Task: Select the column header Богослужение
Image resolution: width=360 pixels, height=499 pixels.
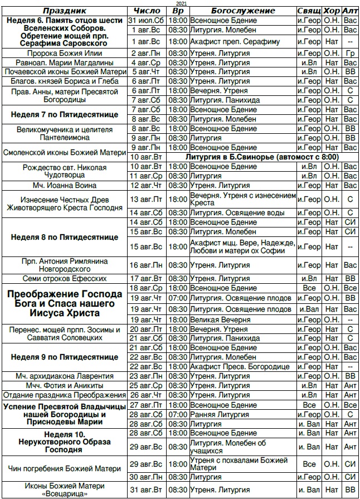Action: click(x=243, y=11)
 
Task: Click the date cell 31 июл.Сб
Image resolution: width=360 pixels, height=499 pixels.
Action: click(x=148, y=20)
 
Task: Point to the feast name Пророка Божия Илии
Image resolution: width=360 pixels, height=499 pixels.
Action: click(x=65, y=53)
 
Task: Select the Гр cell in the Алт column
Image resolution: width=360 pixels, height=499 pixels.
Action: click(x=350, y=53)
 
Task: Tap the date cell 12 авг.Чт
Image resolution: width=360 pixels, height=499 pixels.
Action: click(x=148, y=185)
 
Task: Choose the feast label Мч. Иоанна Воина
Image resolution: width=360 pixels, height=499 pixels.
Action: click(x=65, y=185)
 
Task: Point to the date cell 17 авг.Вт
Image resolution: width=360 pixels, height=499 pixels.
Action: click(x=148, y=278)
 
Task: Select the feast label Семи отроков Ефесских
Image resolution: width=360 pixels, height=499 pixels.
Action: click(x=65, y=278)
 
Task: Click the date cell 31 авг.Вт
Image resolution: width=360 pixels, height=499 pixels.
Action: click(x=148, y=490)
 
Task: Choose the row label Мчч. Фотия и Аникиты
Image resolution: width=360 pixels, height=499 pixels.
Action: click(x=65, y=385)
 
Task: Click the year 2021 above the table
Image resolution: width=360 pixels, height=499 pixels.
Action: click(x=180, y=3)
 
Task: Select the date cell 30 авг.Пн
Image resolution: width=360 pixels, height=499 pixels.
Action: click(x=148, y=477)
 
